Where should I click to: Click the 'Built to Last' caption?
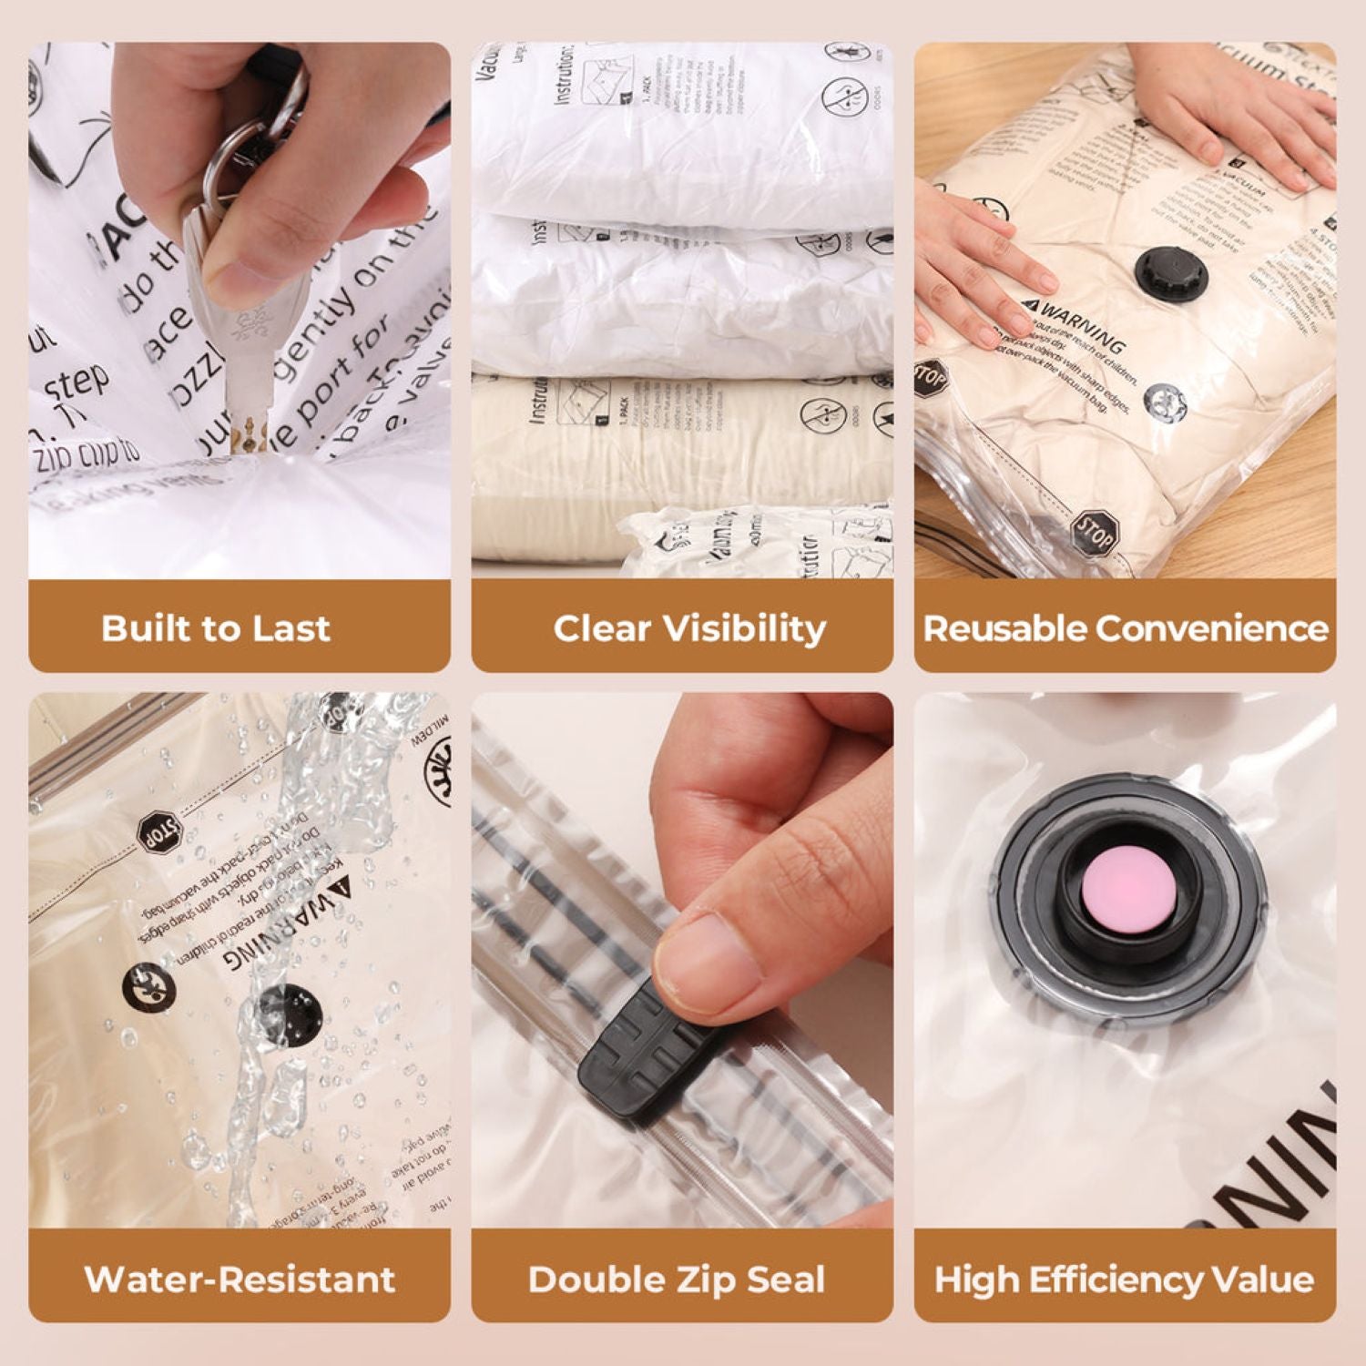click(x=216, y=628)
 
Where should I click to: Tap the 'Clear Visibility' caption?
click(x=689, y=628)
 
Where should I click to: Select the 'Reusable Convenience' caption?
click(x=1126, y=628)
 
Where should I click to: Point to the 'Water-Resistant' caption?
click(x=240, y=1279)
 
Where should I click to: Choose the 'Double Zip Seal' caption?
click(x=677, y=1279)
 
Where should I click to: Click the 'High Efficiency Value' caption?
click(x=1124, y=1279)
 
